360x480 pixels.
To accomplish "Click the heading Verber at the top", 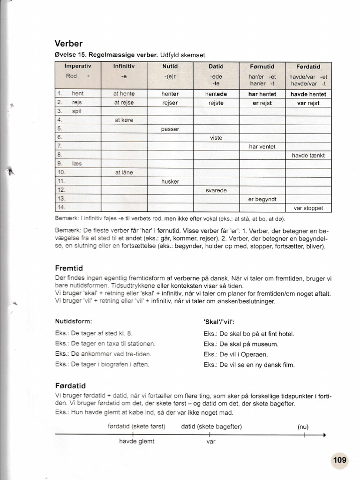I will click(68, 44).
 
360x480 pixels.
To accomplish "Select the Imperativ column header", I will click(78, 67).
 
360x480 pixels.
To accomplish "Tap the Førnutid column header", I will click(262, 67).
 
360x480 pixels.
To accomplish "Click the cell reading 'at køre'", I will click(124, 120).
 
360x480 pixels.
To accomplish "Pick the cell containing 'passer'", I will click(170, 129).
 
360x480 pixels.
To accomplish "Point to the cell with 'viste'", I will click(216, 138).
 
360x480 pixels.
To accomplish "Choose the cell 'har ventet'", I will click(262, 147).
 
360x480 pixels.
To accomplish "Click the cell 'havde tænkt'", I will click(308, 155).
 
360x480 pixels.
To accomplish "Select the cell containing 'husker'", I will click(170, 181).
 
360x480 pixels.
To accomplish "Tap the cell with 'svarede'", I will click(216, 190).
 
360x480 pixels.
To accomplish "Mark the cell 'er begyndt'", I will click(262, 199).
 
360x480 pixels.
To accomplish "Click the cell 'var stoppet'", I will click(308, 208).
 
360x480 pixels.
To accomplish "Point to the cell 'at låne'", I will click(124, 172).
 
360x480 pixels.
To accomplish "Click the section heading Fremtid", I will click(68, 269).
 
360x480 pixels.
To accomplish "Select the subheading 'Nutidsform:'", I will click(74, 322).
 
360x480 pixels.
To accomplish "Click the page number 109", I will click(339, 460).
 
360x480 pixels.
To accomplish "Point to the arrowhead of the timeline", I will click(324, 435).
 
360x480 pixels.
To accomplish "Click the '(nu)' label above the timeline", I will click(304, 427).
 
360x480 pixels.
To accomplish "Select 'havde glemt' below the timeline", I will click(136, 442).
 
